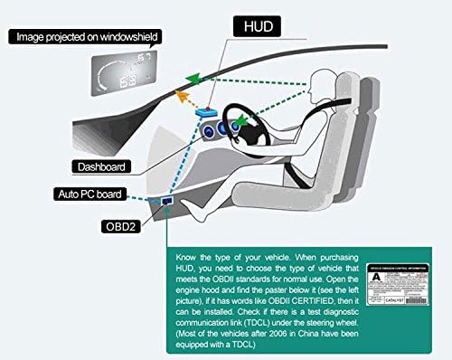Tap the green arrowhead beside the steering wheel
pyautogui.click(x=241, y=118)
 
